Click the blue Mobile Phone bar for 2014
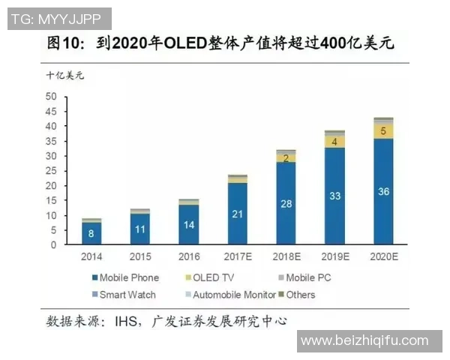(x=92, y=233)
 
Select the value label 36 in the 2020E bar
(x=383, y=192)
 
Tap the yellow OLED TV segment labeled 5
(x=383, y=131)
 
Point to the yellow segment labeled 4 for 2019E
(x=334, y=141)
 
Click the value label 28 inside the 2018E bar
(x=286, y=204)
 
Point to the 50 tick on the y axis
(x=52, y=97)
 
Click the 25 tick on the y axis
(x=52, y=170)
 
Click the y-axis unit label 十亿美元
(x=65, y=75)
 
